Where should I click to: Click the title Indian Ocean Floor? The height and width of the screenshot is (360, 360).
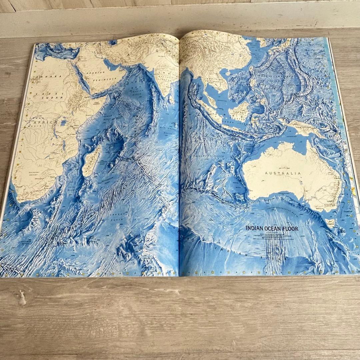pyautogui.click(x=272, y=229)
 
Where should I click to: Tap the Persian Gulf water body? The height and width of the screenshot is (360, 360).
pyautogui.click(x=110, y=63)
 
